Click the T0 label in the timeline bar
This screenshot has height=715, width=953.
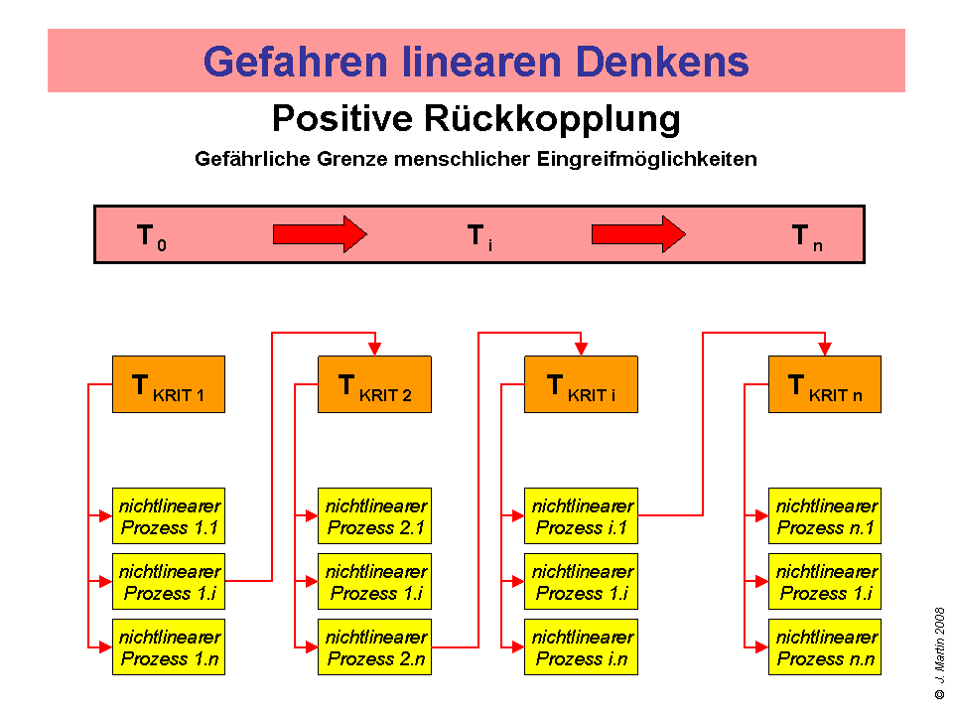(x=150, y=236)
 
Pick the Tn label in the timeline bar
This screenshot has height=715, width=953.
(x=806, y=236)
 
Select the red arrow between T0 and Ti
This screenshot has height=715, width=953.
(x=320, y=234)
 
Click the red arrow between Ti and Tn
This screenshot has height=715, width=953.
(x=638, y=234)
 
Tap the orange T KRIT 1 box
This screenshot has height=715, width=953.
(x=169, y=384)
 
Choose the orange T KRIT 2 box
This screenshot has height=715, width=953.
(x=374, y=384)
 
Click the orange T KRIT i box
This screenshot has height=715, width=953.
(x=581, y=384)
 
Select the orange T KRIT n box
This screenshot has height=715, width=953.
(x=825, y=384)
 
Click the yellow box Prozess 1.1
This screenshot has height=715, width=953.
(x=169, y=516)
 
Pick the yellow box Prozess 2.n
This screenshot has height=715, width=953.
(x=374, y=646)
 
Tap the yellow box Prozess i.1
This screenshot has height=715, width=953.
(x=581, y=516)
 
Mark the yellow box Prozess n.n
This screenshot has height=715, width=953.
(x=825, y=646)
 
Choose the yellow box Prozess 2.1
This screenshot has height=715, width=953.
(x=374, y=516)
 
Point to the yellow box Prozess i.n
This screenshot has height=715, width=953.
(x=581, y=646)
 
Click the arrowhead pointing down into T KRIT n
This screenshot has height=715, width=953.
(x=825, y=349)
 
